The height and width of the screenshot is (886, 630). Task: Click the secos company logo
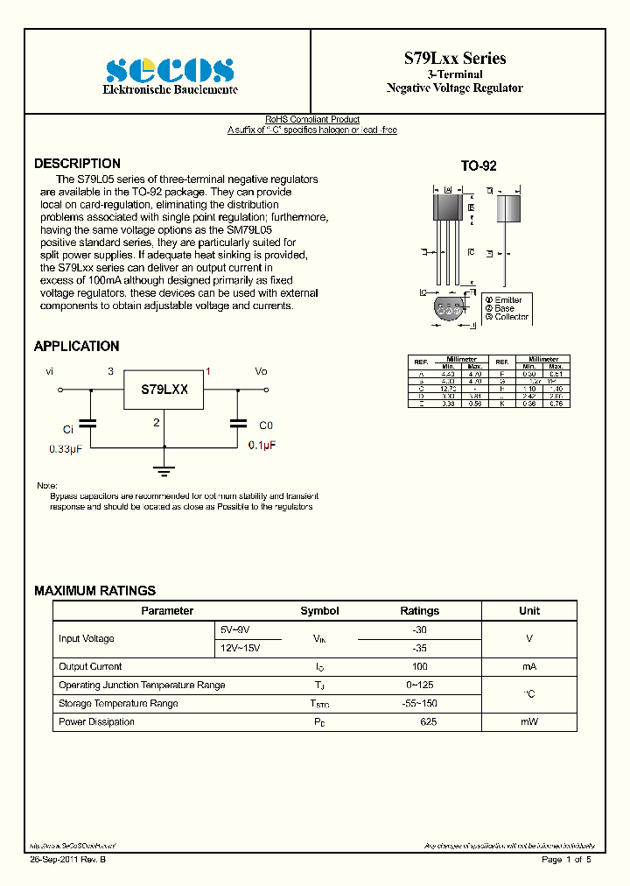[170, 70]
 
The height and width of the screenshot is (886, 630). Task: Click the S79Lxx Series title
[454, 58]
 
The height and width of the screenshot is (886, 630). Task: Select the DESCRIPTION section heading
[77, 164]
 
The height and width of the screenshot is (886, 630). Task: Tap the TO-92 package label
[479, 165]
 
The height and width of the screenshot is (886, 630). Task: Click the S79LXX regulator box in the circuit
[165, 389]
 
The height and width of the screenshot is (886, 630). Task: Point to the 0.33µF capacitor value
[66, 448]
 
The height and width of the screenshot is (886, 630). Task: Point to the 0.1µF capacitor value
[261, 446]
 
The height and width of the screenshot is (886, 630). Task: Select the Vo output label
[261, 371]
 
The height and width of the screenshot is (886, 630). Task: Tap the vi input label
[50, 371]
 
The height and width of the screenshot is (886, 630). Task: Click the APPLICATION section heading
[76, 347]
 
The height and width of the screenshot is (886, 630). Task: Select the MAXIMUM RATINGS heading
[94, 591]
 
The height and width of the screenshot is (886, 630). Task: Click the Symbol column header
[319, 611]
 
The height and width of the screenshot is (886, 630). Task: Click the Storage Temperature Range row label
[118, 704]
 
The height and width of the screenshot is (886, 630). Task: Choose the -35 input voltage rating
[419, 649]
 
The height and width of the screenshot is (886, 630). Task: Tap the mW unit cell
[529, 722]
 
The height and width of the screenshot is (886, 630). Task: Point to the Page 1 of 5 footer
[566, 860]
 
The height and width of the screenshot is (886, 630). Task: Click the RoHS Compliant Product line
[312, 120]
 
